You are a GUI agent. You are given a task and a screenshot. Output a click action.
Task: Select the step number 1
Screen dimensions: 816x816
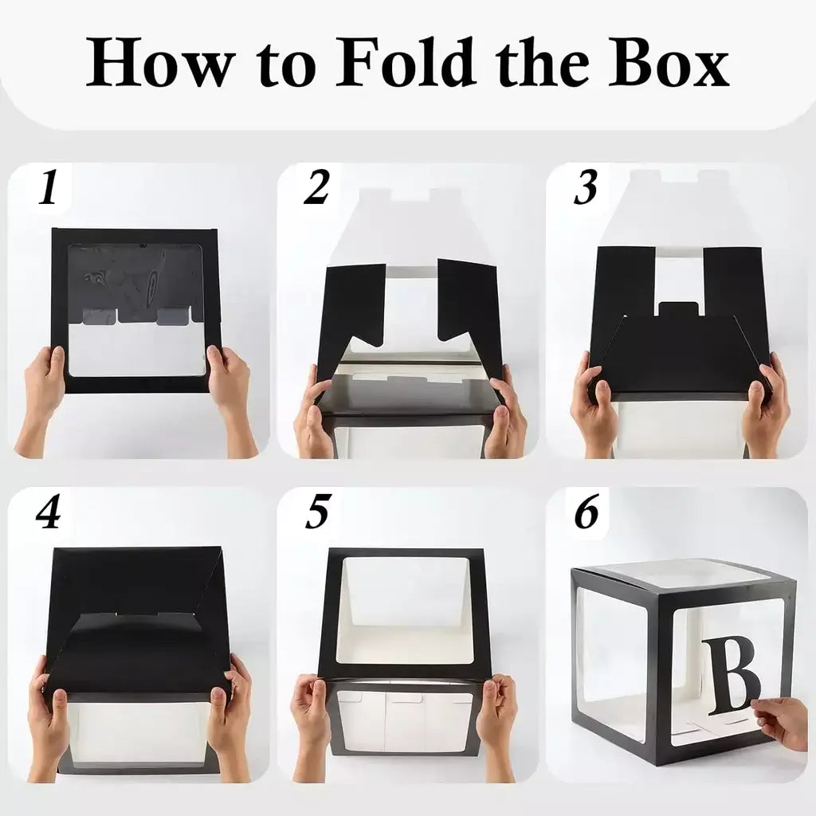[49, 190]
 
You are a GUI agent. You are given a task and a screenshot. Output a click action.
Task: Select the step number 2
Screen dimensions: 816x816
[316, 190]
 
